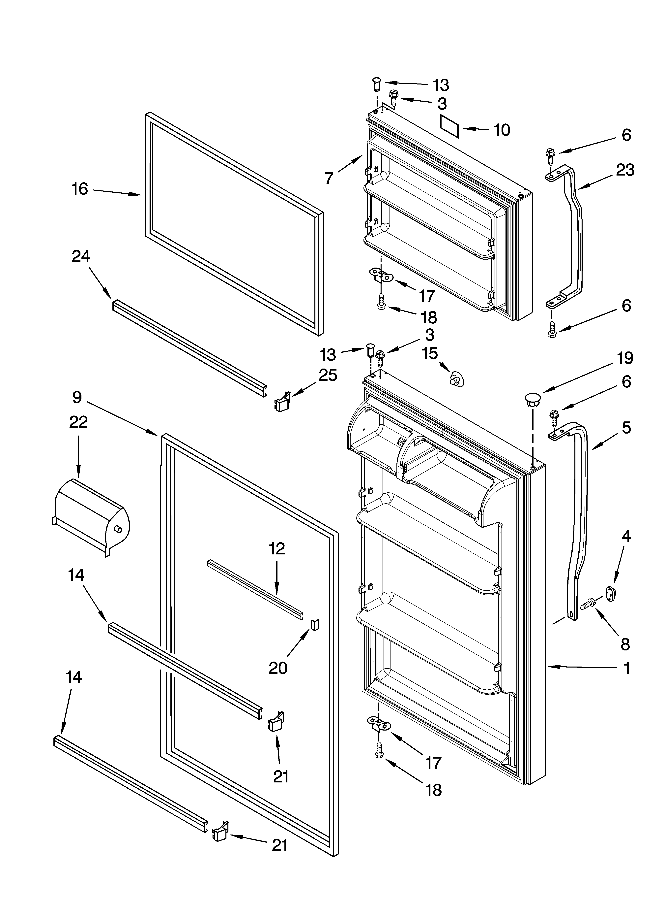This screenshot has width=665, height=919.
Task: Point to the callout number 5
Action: [626, 428]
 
